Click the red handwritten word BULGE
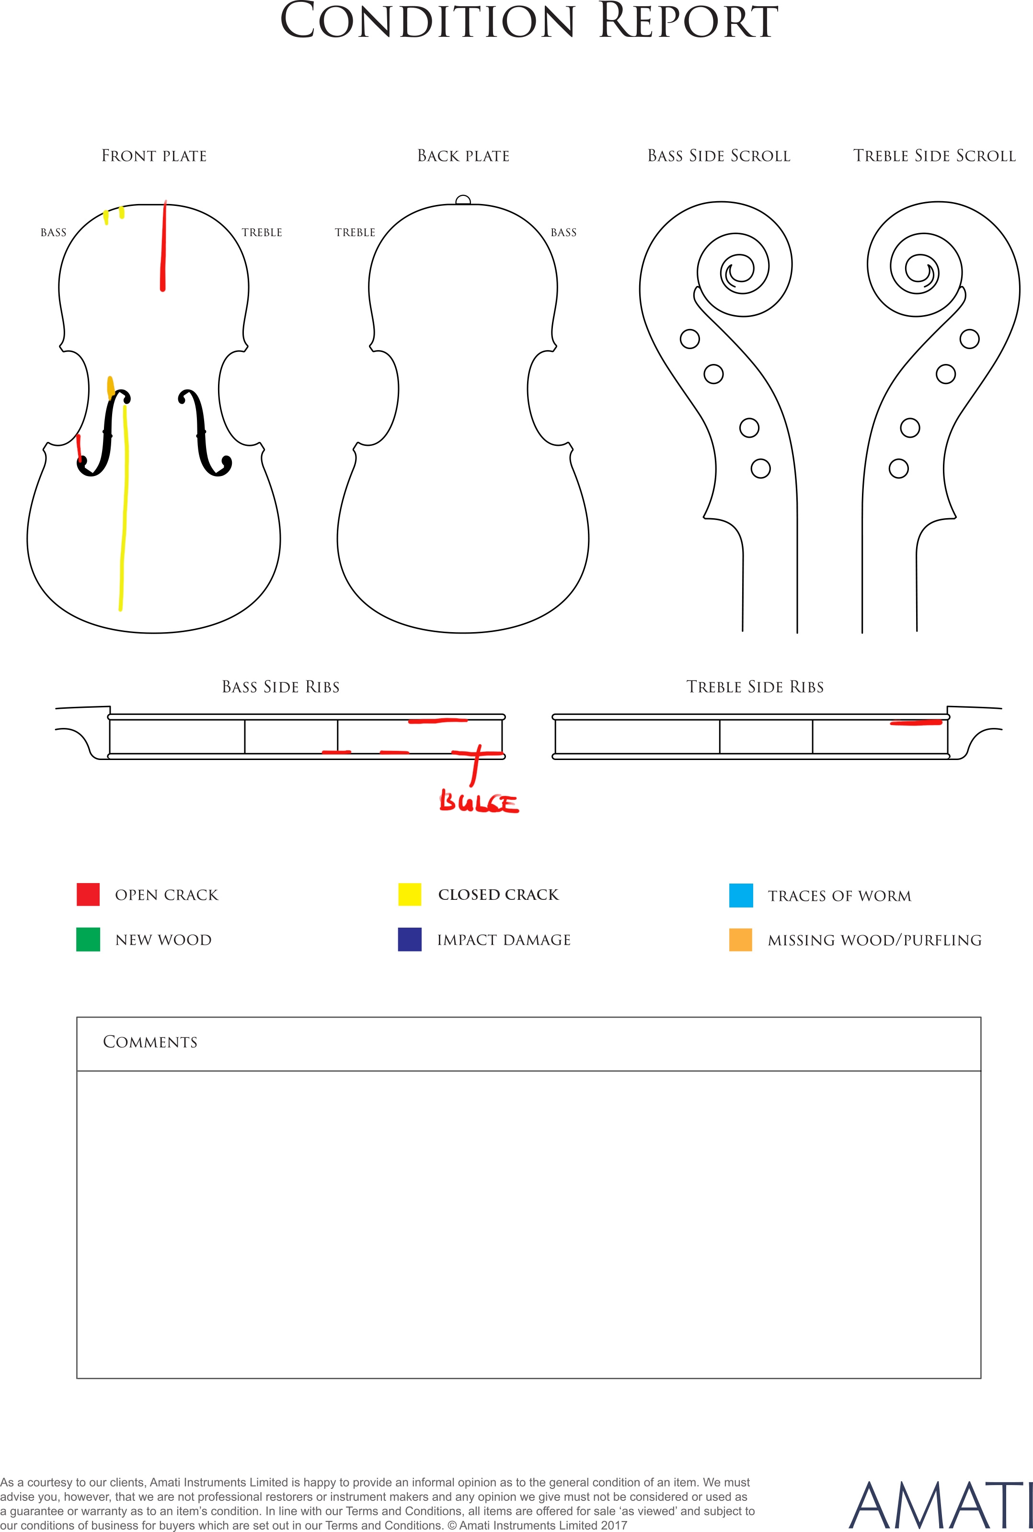click(479, 803)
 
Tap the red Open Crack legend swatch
click(88, 895)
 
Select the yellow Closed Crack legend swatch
click(410, 895)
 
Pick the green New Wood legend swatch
click(88, 940)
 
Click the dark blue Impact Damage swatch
click(410, 940)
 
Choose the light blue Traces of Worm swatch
click(741, 896)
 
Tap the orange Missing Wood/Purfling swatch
click(741, 940)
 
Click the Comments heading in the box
click(150, 1042)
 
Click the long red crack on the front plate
click(163, 246)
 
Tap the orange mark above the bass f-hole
click(111, 388)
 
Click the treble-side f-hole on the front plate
click(205, 432)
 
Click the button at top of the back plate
click(463, 200)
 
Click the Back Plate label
click(464, 156)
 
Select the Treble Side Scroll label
click(935, 156)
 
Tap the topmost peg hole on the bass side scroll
click(690, 339)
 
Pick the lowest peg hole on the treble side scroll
click(899, 469)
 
